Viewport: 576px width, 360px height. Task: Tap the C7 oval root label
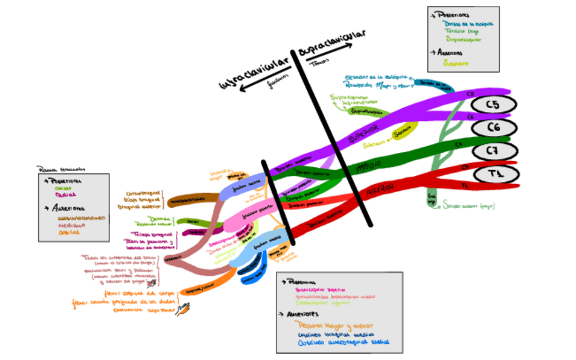[495, 150]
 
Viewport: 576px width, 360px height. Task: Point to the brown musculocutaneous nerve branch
[187, 201]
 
